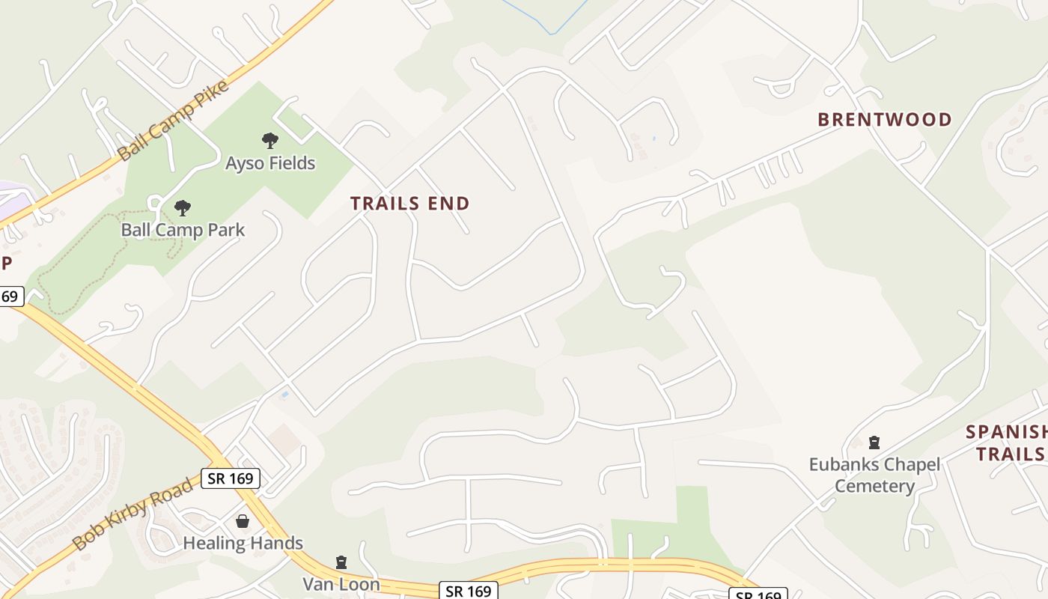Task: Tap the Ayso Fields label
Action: pyautogui.click(x=270, y=163)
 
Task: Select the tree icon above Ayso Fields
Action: pyautogui.click(x=270, y=140)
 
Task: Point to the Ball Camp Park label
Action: pyautogui.click(x=183, y=230)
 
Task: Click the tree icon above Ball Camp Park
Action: pyautogui.click(x=182, y=207)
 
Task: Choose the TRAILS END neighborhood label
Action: pyautogui.click(x=410, y=204)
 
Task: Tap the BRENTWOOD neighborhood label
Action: pyautogui.click(x=885, y=120)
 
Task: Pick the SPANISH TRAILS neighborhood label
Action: pyautogui.click(x=1006, y=443)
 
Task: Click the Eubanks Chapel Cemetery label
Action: pyautogui.click(x=874, y=475)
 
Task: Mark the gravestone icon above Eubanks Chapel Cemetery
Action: pyautogui.click(x=874, y=443)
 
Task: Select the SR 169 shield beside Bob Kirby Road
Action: pyautogui.click(x=231, y=478)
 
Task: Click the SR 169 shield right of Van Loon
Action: pyautogui.click(x=468, y=591)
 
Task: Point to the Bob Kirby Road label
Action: pyautogui.click(x=133, y=515)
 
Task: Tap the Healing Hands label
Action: pyautogui.click(x=243, y=543)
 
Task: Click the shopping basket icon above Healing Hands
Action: pyautogui.click(x=243, y=521)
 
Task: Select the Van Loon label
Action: pyautogui.click(x=341, y=584)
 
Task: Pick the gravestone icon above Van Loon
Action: pyautogui.click(x=341, y=562)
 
